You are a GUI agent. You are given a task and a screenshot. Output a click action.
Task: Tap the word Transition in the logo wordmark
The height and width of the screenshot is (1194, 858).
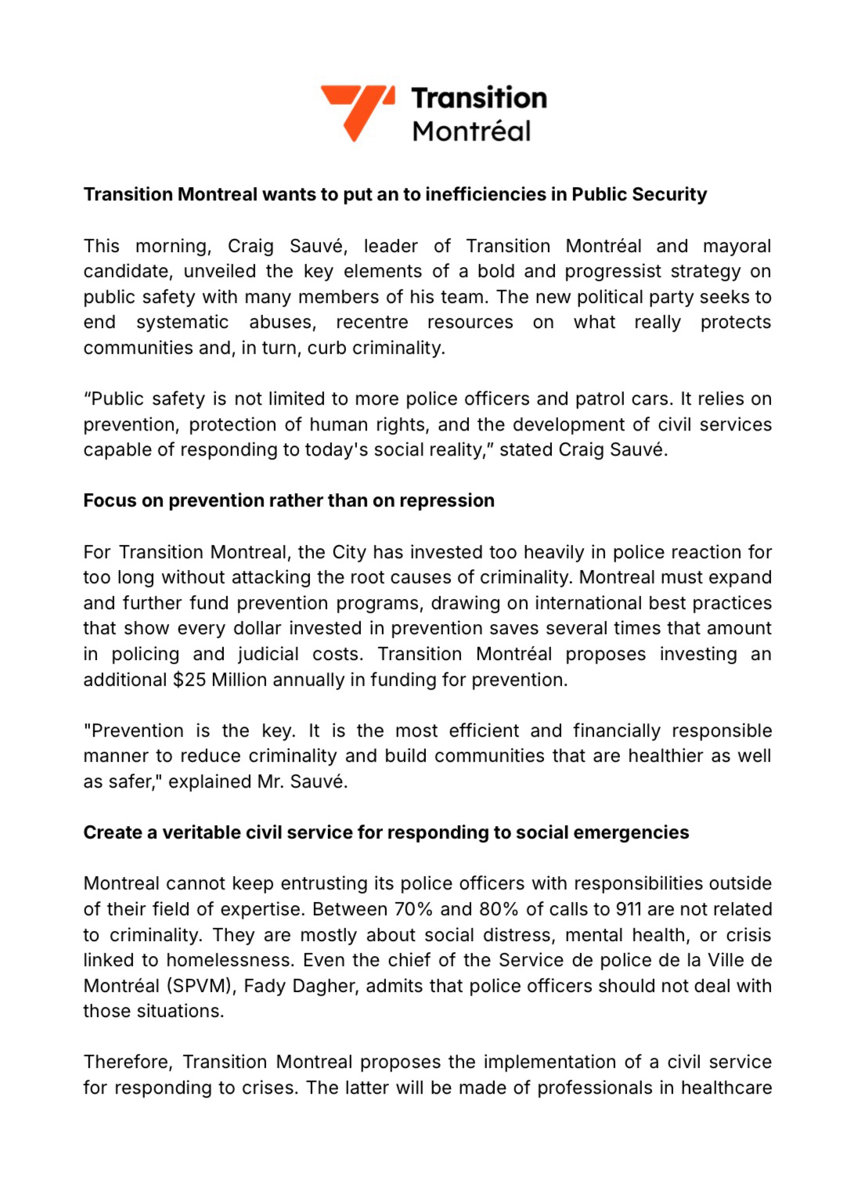click(x=478, y=98)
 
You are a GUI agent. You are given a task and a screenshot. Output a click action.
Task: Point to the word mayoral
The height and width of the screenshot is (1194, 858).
click(x=737, y=246)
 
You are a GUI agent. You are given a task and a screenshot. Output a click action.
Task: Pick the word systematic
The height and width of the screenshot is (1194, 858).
click(x=182, y=323)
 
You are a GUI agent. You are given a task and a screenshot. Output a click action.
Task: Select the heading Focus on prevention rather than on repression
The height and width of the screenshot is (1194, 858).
click(x=289, y=500)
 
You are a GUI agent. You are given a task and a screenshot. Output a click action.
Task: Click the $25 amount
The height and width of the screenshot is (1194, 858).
click(x=189, y=680)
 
